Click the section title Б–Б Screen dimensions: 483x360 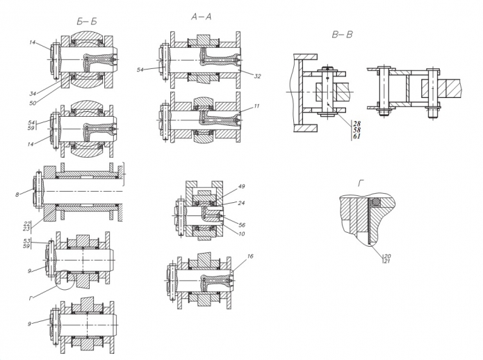pos(87,22)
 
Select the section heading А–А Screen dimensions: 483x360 pos(201,17)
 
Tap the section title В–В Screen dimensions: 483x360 pos(342,35)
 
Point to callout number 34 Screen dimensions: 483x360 pos(33,94)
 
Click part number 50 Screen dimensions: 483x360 pos(33,103)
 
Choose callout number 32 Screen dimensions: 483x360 pos(258,76)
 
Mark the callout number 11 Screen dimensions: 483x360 pos(256,106)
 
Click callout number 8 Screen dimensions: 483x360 pos(17,195)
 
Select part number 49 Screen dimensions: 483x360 pos(242,186)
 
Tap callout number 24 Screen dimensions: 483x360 pos(242,203)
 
